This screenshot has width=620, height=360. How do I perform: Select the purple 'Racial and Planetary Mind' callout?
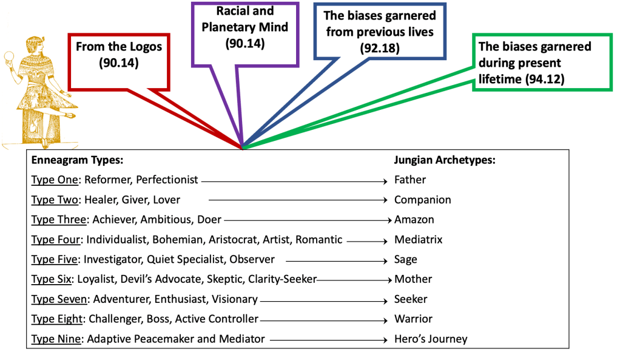tap(245, 28)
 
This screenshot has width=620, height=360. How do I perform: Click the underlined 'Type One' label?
tap(56, 180)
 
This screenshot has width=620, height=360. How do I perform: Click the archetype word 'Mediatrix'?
tap(418, 239)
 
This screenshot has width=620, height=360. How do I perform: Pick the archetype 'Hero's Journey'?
tap(431, 339)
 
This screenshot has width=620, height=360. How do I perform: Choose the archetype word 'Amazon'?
tap(414, 219)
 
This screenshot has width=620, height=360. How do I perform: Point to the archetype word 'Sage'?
tap(405, 259)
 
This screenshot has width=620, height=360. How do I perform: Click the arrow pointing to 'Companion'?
tap(297, 200)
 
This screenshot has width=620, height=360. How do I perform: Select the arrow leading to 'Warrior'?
tap(324, 319)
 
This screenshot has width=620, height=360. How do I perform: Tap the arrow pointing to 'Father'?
tap(294, 180)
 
